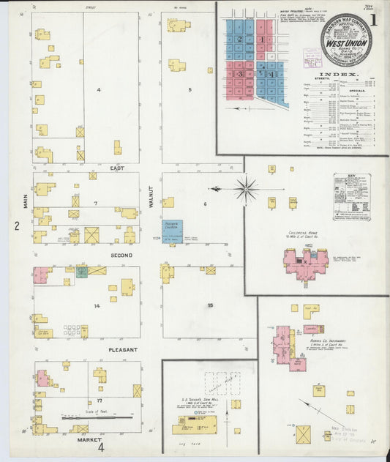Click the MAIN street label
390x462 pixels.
(x=25, y=195)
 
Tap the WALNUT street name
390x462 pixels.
(x=152, y=195)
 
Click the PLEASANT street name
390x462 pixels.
(x=122, y=349)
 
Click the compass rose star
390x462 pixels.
(x=247, y=189)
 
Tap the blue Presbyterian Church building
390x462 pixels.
(x=172, y=230)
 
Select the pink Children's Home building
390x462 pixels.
(x=306, y=264)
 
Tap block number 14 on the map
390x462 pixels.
(x=97, y=305)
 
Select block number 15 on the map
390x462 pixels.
(x=210, y=305)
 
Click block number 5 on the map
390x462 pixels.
(x=190, y=90)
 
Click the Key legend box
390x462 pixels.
(x=351, y=195)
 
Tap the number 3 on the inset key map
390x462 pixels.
(x=238, y=73)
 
